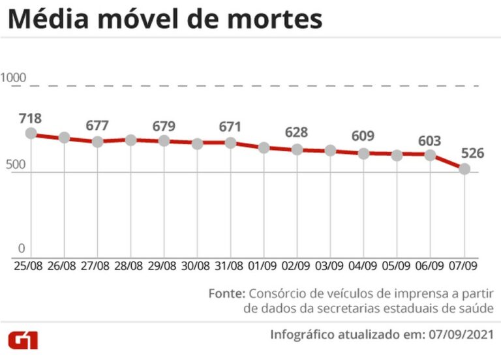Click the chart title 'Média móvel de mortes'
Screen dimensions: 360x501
click(x=165, y=20)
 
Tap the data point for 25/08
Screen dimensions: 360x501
click(x=31, y=134)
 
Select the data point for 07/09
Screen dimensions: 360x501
click(x=464, y=169)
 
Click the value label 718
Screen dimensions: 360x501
click(x=31, y=118)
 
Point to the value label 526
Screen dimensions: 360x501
click(x=472, y=153)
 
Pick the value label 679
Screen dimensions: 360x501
click(x=164, y=125)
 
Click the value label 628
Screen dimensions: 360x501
click(x=297, y=132)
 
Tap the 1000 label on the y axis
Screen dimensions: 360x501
click(x=14, y=78)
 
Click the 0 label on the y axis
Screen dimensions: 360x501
click(x=21, y=248)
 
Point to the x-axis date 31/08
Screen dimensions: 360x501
click(x=230, y=266)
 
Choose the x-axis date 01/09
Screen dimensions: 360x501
click(x=264, y=266)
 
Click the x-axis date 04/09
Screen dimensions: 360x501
click(x=363, y=266)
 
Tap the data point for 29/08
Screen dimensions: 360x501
click(x=164, y=140)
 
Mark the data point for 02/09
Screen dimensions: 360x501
click(x=297, y=149)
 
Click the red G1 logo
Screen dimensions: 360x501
click(x=23, y=340)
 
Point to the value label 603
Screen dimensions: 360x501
click(x=429, y=141)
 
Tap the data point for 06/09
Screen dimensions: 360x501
click(x=431, y=155)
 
